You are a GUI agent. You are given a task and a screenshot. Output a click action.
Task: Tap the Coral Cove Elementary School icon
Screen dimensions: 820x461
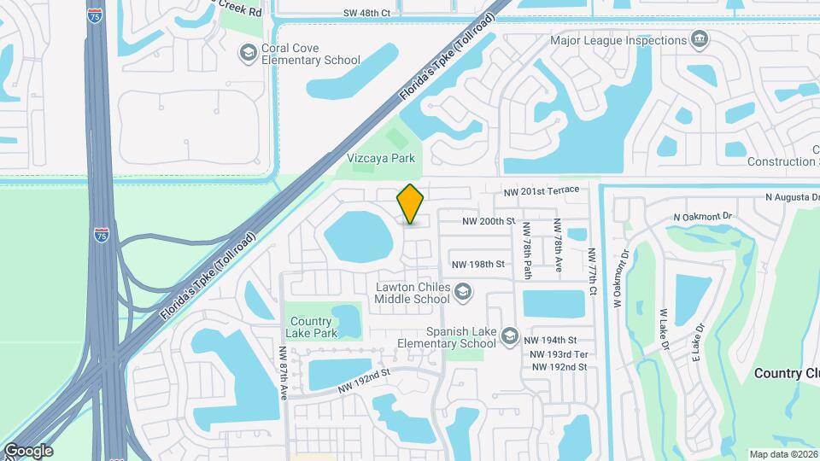[248, 54]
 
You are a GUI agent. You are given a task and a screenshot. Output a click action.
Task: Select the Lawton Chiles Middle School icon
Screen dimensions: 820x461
[463, 293]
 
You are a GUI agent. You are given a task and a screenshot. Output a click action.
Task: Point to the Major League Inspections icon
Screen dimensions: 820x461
[700, 40]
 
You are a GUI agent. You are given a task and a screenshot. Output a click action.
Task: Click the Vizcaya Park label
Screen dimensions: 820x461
[381, 158]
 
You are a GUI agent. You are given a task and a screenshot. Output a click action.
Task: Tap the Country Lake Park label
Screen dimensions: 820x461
[311, 326]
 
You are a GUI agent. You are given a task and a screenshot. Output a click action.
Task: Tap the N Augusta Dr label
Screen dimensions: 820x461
[786, 197]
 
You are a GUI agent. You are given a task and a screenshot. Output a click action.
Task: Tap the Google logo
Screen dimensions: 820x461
[28, 450]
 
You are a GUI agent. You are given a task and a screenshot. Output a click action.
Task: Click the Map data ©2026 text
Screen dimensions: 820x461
[782, 454]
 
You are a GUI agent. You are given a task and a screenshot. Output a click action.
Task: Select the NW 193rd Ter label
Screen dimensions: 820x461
[559, 354]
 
